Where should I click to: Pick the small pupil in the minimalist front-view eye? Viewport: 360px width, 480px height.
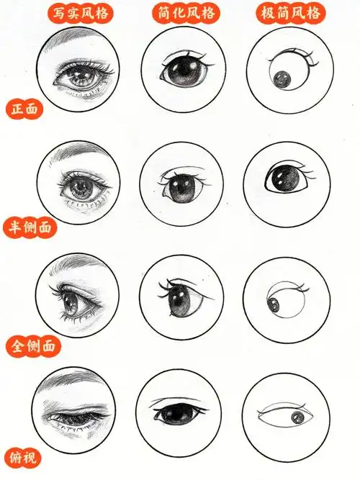[x=281, y=78]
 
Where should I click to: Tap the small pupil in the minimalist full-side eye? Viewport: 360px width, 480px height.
[x=274, y=304]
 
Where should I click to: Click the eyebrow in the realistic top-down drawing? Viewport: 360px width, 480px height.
[x=79, y=381]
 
